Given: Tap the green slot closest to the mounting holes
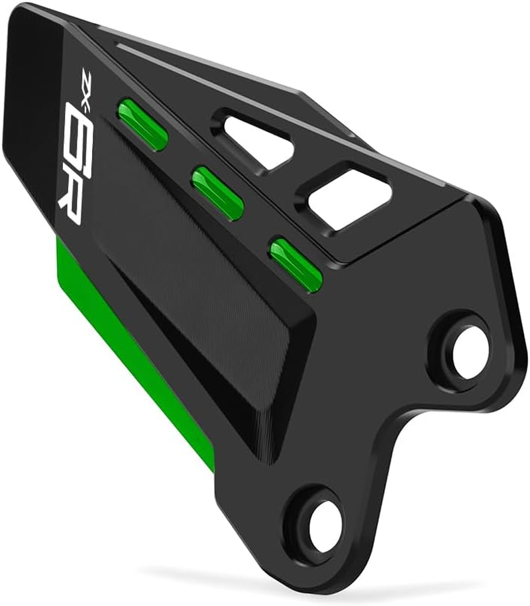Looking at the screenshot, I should pyautogui.click(x=295, y=261).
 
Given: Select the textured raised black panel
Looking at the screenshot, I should pyautogui.click(x=192, y=292).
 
